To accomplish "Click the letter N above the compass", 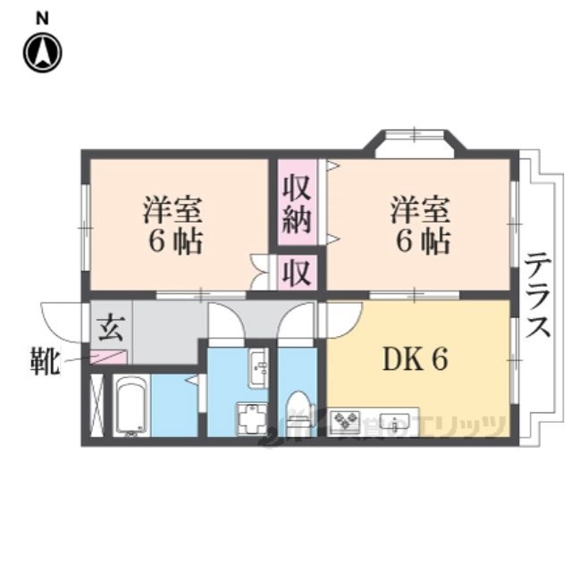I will click(42, 17).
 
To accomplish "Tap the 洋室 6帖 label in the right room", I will click(419, 225).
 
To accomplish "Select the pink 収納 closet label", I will click(296, 205).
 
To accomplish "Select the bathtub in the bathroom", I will click(132, 407).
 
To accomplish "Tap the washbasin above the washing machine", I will click(257, 366).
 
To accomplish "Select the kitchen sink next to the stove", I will click(391, 419).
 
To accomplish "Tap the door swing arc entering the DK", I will click(344, 317).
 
